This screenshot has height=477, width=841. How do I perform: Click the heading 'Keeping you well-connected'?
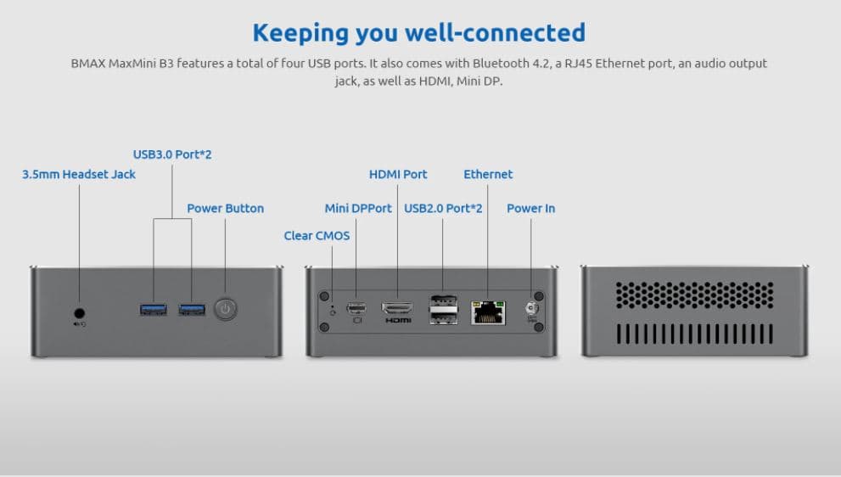(419, 32)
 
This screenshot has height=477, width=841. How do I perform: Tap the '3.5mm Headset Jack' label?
(79, 174)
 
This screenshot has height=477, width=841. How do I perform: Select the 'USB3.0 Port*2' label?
(172, 154)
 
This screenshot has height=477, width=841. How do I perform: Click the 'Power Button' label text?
(225, 208)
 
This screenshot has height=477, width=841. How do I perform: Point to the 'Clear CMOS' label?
(317, 235)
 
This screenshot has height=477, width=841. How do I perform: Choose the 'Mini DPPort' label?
(358, 208)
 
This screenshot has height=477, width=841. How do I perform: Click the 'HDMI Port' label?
(398, 174)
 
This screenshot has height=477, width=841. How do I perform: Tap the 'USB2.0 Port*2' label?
(443, 208)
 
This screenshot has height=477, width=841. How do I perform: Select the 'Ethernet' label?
(488, 174)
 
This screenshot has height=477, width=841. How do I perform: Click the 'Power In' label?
(530, 208)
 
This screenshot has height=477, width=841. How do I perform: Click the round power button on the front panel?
(225, 309)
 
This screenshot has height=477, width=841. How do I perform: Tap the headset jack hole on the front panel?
(79, 311)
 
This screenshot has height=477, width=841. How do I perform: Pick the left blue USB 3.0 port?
(154, 309)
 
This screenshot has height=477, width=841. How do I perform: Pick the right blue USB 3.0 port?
(192, 309)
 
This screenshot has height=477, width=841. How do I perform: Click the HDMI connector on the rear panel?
(397, 308)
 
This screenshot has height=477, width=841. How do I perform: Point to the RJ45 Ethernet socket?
(488, 311)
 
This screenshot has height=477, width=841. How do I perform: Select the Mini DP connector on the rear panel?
(356, 307)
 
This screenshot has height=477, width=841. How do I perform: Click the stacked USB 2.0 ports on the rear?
(443, 309)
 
